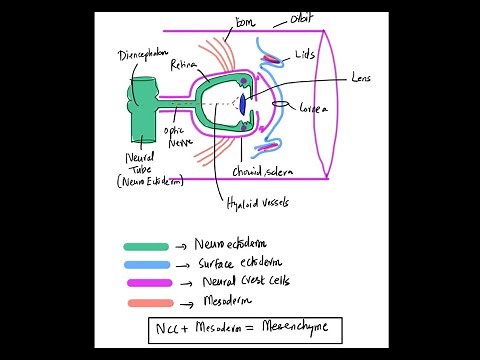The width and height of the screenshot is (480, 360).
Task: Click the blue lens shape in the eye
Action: pyautogui.click(x=242, y=103)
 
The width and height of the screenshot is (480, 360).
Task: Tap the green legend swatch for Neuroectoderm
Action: pyautogui.click(x=146, y=246)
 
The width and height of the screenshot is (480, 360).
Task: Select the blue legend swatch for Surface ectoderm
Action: pyautogui.click(x=146, y=264)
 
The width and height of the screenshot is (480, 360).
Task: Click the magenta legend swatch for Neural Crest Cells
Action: pyautogui.click(x=146, y=283)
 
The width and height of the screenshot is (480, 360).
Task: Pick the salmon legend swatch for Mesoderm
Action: pyautogui.click(x=146, y=300)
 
